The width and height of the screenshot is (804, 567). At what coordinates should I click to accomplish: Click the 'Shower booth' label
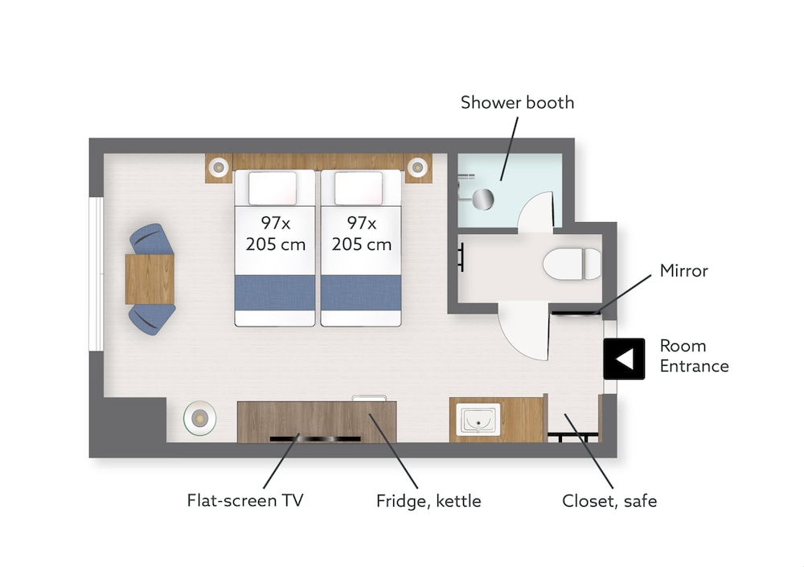[x=517, y=103]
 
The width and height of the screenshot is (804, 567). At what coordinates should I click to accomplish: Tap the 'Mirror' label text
[x=683, y=271]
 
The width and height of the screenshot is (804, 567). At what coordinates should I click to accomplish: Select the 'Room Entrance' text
[x=694, y=356]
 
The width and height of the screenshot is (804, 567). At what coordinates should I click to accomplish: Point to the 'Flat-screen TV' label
[x=244, y=501]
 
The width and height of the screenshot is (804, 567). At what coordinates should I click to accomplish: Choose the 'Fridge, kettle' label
[x=429, y=501]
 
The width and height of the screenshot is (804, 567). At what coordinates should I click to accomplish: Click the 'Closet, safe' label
[x=609, y=501]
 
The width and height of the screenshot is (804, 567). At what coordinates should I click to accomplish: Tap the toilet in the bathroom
[x=572, y=264]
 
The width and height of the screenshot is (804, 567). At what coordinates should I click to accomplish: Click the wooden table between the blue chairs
[x=150, y=278]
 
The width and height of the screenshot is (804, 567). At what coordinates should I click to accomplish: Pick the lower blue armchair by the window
[x=152, y=317]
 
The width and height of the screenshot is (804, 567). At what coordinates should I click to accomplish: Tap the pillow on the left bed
[x=272, y=187]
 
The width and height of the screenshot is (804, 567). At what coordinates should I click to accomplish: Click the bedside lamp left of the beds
[x=218, y=167]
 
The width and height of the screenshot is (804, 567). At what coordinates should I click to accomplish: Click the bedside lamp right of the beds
[x=416, y=167]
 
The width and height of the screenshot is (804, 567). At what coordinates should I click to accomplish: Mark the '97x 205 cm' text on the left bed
[x=275, y=233]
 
